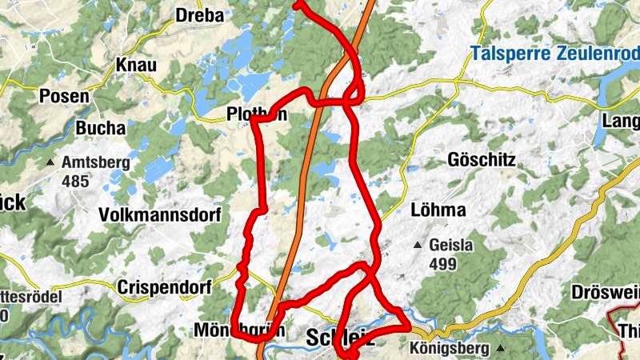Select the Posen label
click(64, 97)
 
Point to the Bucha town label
click(101, 128)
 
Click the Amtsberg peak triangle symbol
click(50, 162)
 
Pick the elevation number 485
click(74, 181)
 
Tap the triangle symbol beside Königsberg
click(500, 349)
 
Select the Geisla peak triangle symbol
click(417, 246)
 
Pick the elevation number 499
click(442, 264)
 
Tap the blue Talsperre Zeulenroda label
click(554, 55)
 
